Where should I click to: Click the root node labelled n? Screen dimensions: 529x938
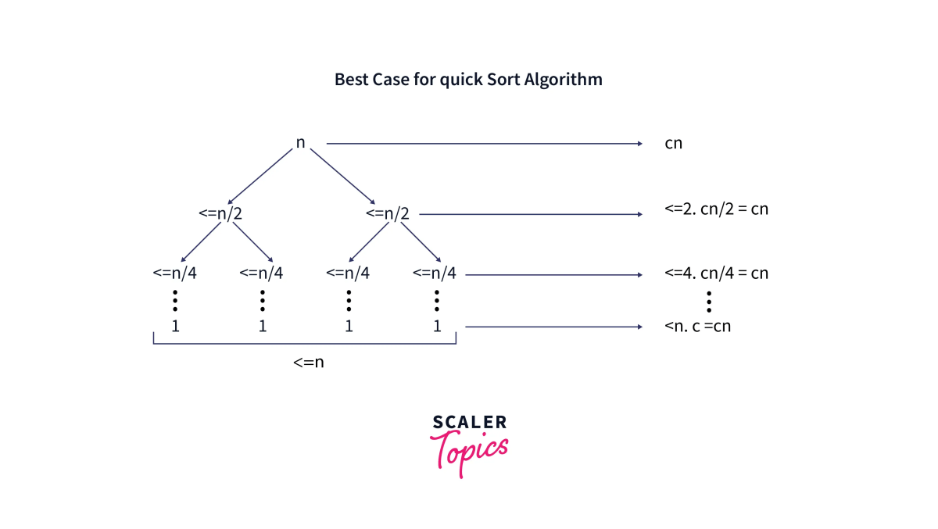click(300, 143)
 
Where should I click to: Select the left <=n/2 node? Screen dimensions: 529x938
click(220, 213)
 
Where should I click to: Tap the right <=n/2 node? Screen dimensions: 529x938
click(388, 213)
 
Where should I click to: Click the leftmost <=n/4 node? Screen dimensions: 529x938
click(175, 273)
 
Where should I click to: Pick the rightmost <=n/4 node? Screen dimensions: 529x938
click(434, 273)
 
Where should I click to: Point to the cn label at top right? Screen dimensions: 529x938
click(673, 144)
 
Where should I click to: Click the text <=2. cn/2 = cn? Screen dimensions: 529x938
click(716, 209)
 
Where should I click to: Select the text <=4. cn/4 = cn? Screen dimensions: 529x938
click(716, 273)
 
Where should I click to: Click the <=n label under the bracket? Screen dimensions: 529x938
click(308, 362)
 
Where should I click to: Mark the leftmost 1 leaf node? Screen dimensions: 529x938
click(175, 326)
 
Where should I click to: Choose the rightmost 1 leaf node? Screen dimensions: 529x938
click(437, 326)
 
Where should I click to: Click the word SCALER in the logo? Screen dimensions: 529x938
click(469, 423)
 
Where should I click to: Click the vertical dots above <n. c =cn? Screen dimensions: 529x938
click(708, 300)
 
